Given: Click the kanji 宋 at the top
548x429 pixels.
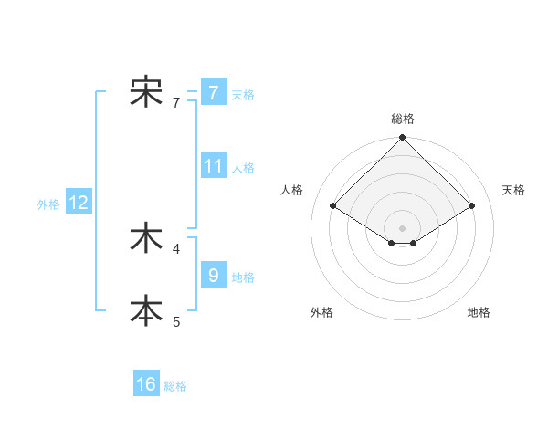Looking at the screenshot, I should (x=146, y=92).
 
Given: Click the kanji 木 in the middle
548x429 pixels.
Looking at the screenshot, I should (x=146, y=239).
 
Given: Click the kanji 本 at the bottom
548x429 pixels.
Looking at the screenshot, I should (x=146, y=309).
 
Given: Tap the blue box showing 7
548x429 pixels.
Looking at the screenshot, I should (x=213, y=92).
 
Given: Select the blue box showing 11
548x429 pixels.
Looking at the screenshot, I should (x=214, y=166).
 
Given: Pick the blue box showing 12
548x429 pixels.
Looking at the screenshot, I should (x=79, y=204).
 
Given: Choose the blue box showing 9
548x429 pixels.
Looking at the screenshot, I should (x=213, y=274).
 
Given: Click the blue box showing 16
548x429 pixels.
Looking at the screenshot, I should (x=146, y=384).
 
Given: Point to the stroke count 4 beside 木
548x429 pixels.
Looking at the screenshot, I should (x=176, y=247).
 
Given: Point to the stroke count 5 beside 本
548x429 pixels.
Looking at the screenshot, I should (x=176, y=320).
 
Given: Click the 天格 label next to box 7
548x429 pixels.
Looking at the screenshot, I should (x=243, y=94).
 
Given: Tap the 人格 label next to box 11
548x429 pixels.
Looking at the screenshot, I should (x=243, y=168).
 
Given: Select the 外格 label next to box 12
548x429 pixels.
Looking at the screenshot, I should (x=48, y=205).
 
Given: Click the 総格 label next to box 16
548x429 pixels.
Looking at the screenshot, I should (x=175, y=386).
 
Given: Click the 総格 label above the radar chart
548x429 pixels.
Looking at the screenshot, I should (x=402, y=119).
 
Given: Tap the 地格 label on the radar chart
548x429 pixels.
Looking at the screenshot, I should (x=479, y=312).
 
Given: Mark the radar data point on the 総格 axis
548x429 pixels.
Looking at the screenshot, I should (x=402, y=138).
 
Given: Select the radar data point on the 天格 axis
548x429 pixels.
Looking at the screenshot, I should (x=472, y=206).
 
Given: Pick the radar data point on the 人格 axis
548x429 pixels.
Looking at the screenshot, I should (x=332, y=205).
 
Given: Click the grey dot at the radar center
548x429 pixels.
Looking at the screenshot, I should (x=402, y=227).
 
